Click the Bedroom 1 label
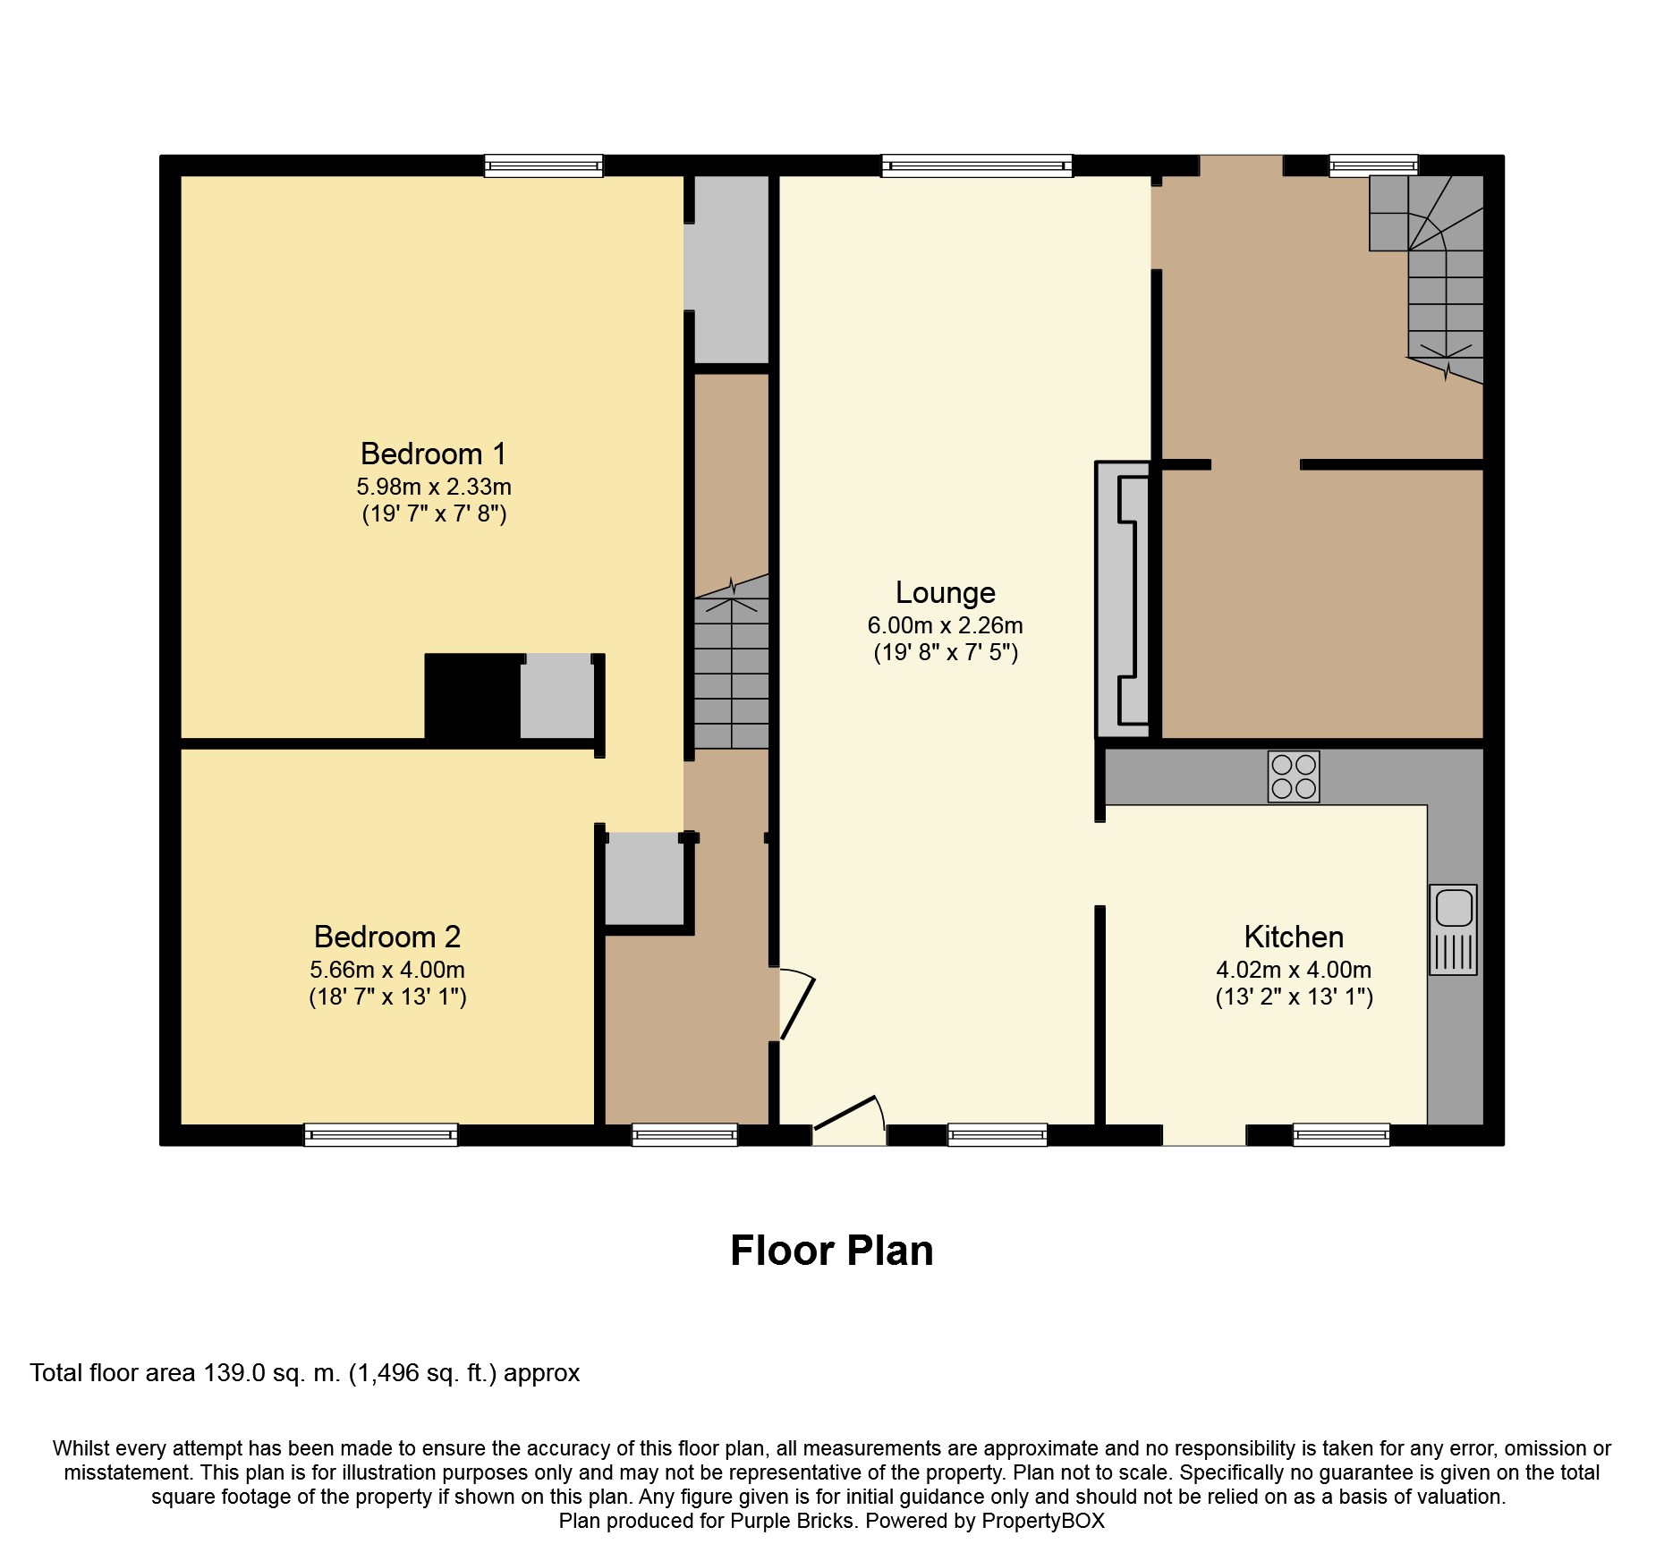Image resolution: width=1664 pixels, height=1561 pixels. [x=433, y=454]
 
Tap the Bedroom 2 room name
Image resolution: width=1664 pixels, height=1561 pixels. [x=386, y=937]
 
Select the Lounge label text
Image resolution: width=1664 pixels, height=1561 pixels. [x=945, y=593]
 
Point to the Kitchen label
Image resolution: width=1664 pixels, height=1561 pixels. [x=1293, y=937]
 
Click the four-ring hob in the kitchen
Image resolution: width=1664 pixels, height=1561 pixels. [x=1293, y=776]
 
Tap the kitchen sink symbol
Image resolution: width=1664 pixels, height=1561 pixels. [x=1452, y=929]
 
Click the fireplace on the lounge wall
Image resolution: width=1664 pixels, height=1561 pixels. [x=1125, y=599]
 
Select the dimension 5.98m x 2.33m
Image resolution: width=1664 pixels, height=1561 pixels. [x=433, y=488]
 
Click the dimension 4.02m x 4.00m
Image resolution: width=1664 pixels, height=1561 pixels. [x=1293, y=970]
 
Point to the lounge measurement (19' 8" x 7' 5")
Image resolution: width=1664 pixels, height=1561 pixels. [x=945, y=653]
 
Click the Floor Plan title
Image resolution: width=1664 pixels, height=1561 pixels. [x=831, y=1251]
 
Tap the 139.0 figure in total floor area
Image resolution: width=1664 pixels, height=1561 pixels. [x=234, y=1373]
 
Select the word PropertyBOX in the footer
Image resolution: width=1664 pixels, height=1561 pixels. [x=1042, y=1521]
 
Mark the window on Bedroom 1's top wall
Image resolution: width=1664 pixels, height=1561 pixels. [x=543, y=165]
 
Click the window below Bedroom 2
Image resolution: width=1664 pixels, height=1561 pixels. [x=380, y=1135]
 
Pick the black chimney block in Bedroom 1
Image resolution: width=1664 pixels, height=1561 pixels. [x=472, y=698]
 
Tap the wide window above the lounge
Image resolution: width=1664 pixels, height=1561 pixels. [x=976, y=165]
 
